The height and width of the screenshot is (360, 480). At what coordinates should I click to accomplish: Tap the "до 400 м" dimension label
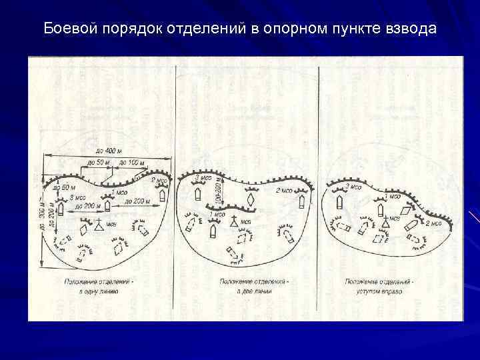(x=107, y=149)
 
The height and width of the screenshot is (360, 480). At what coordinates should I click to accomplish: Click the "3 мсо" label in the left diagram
(x=79, y=198)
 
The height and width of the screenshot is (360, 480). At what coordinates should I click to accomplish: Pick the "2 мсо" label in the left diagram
(x=159, y=181)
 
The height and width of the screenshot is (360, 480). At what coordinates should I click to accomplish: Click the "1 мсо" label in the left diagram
(x=119, y=192)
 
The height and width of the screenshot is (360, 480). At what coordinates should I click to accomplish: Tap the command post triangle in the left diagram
(x=100, y=223)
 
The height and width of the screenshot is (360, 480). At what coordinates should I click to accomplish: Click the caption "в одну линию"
(x=100, y=291)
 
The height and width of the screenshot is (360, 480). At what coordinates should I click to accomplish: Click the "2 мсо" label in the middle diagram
(x=285, y=190)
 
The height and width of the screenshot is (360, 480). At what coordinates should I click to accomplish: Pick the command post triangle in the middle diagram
(x=234, y=221)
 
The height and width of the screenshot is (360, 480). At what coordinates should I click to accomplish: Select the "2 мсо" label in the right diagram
(x=433, y=223)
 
